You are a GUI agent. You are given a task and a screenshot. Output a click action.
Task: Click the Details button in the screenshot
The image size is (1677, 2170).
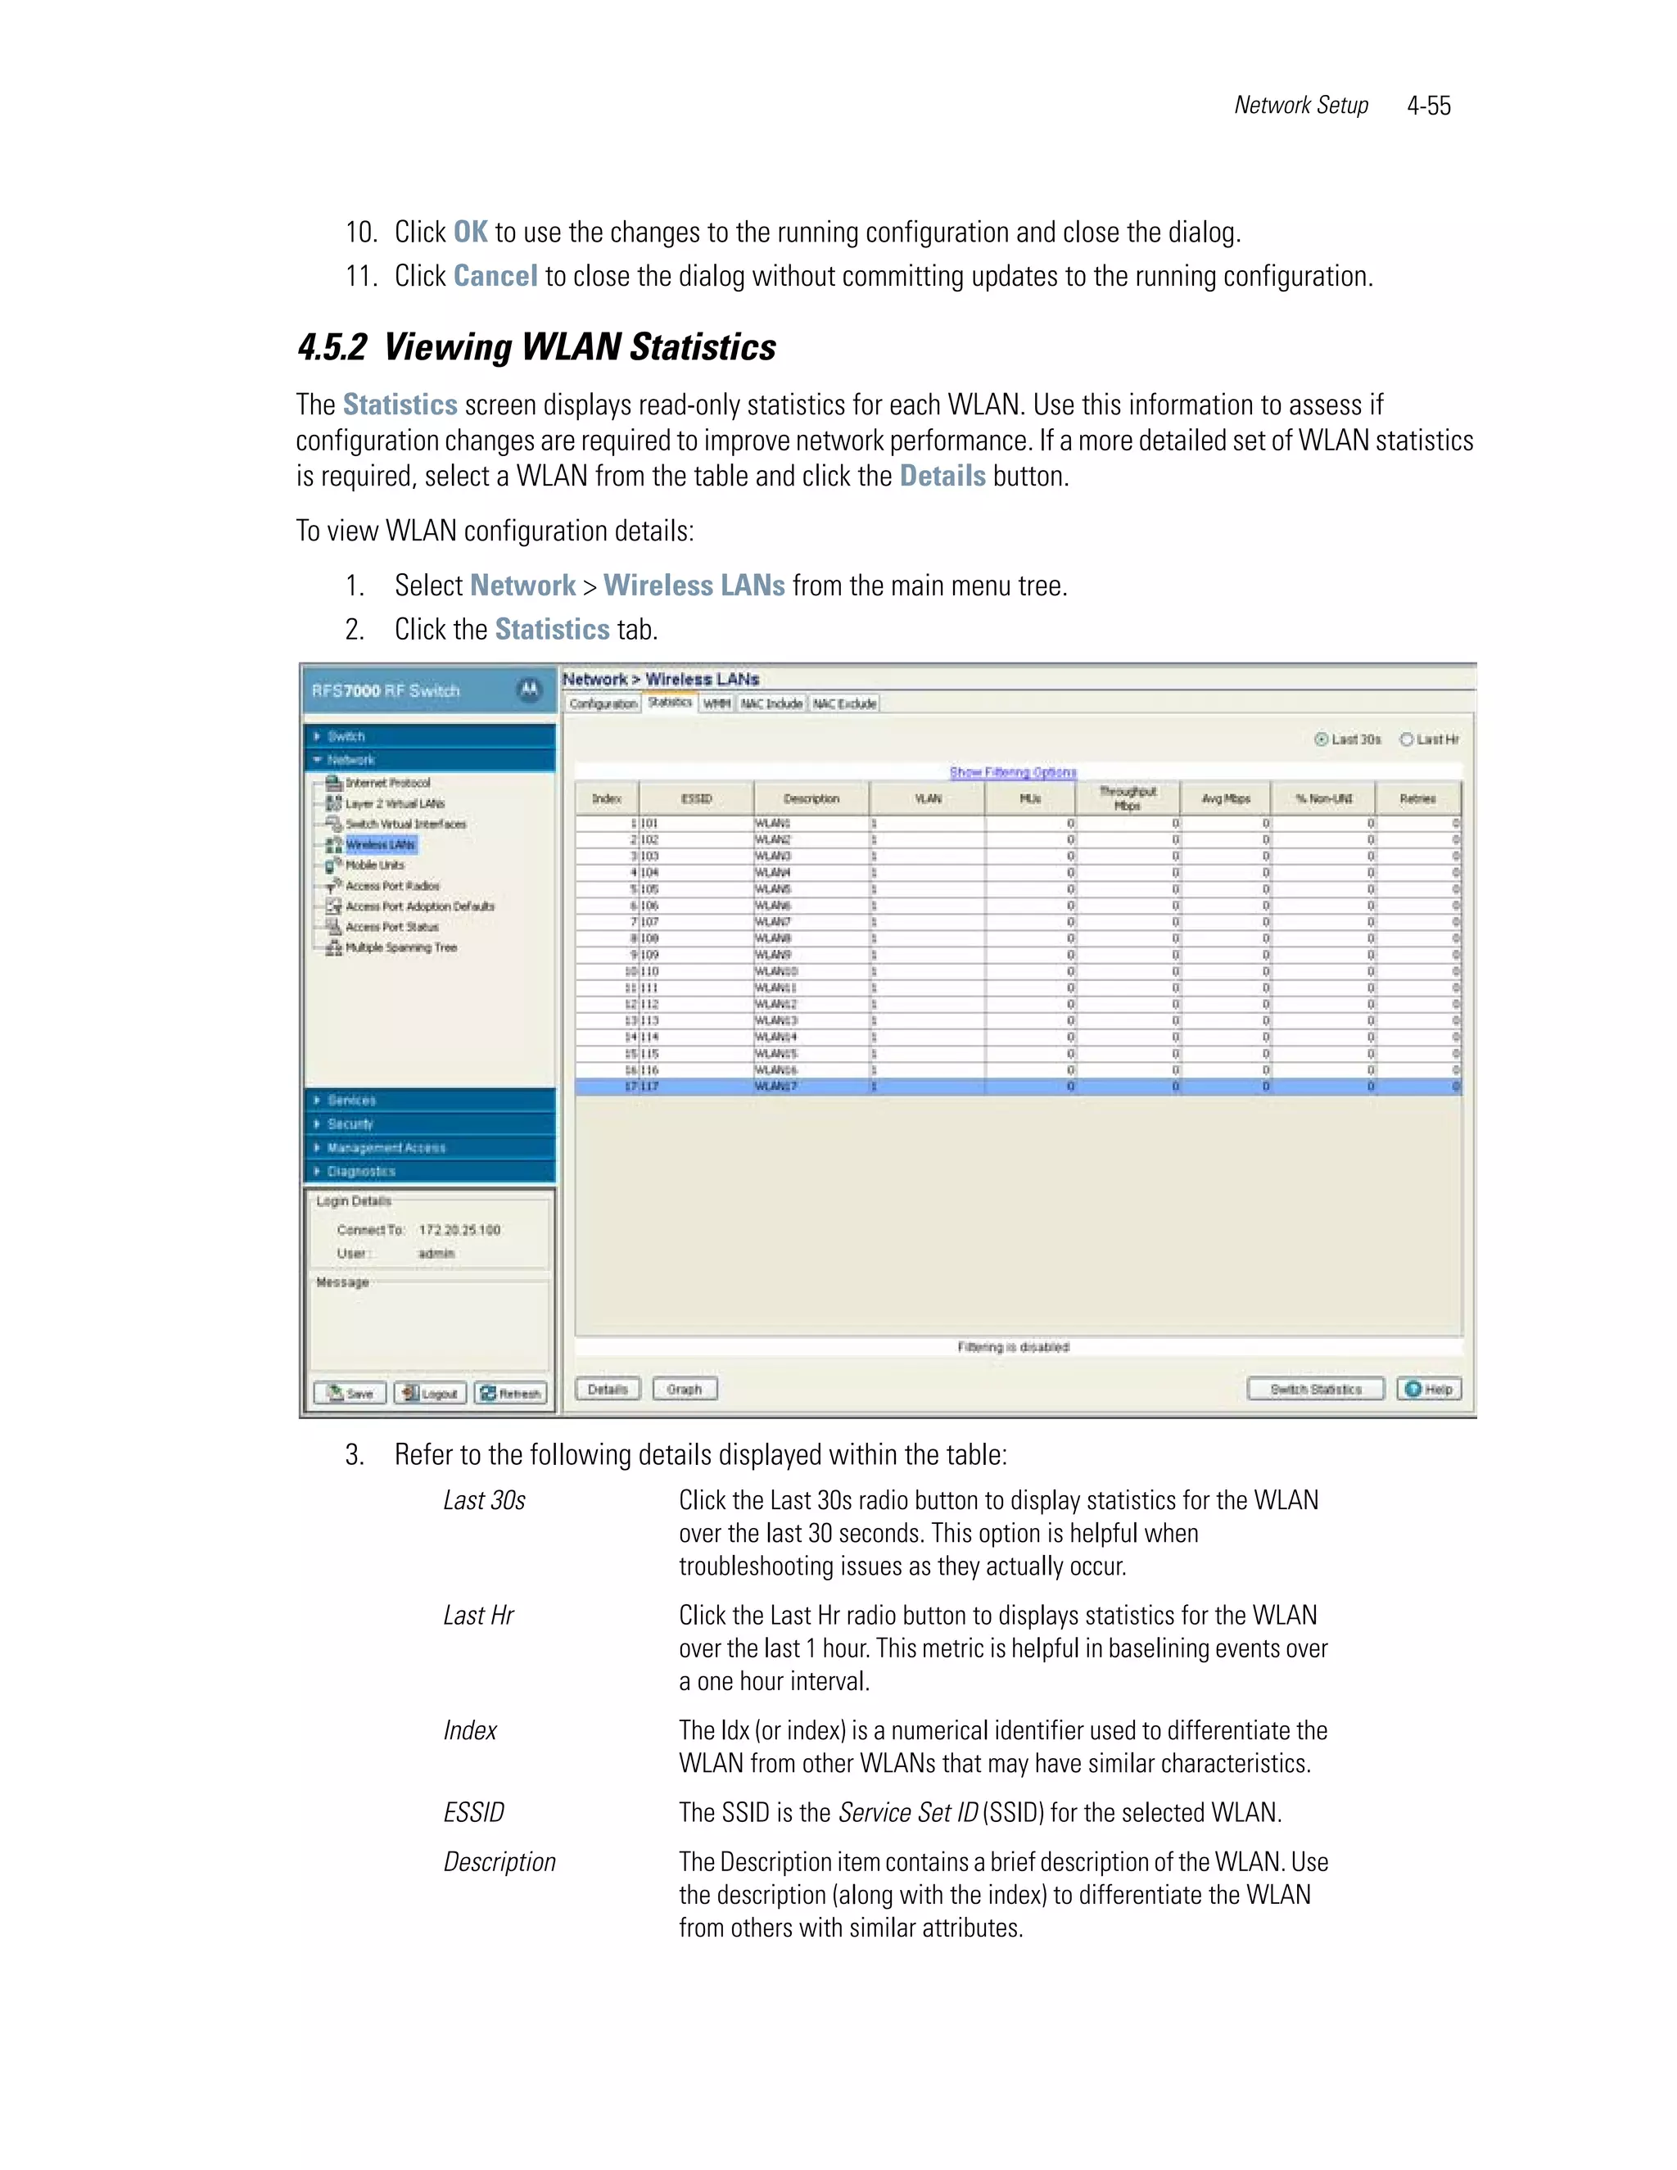[607, 1388]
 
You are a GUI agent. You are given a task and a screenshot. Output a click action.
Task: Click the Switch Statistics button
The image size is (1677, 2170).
[1315, 1388]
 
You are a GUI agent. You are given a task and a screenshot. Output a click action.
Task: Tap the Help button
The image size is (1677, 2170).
[1429, 1388]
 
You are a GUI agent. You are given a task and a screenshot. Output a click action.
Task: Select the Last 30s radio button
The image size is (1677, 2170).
[1322, 739]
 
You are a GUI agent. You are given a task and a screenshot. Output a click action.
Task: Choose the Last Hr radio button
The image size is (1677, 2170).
[1407, 739]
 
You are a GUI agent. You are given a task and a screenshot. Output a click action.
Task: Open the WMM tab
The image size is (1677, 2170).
[716, 703]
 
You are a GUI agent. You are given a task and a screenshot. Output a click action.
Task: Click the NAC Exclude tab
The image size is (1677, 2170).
[844, 703]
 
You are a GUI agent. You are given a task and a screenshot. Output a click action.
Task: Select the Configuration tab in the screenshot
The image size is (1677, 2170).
[603, 703]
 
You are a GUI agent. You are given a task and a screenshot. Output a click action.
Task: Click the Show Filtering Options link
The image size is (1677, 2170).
[1012, 772]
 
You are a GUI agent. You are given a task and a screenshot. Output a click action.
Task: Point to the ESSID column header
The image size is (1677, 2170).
[697, 799]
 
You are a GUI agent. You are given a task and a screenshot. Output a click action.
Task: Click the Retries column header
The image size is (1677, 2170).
[1417, 799]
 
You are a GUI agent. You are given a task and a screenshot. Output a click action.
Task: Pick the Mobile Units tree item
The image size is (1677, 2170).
[374, 866]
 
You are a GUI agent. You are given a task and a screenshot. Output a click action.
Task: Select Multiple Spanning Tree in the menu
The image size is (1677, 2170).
[400, 948]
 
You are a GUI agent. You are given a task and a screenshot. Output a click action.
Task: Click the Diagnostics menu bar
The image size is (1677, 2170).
[429, 1172]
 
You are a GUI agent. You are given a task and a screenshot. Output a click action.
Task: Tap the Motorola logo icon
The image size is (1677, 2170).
[530, 689]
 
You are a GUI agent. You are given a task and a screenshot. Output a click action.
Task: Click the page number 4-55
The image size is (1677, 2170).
[1429, 106]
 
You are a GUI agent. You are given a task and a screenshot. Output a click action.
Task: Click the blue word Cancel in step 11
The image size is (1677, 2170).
[495, 276]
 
